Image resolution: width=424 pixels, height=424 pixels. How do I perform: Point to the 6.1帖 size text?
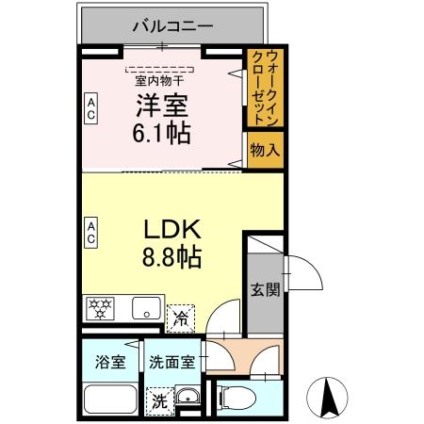coord(162,133)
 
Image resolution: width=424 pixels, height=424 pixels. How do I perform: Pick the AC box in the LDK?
coord(91,231)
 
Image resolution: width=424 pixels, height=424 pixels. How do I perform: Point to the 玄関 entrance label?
coord(265,289)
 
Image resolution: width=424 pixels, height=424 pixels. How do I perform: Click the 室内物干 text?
coord(160,80)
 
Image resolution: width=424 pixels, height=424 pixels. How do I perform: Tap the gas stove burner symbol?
coord(99,306)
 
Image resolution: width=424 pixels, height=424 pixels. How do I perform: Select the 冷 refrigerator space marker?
coord(178,318)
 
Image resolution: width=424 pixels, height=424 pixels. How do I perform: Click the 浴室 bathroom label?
coord(110,362)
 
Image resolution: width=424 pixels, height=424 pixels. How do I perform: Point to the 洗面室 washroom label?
coord(172,362)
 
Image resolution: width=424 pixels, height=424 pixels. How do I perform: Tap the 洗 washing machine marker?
coord(160,400)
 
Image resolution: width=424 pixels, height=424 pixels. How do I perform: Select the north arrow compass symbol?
coord(331,396)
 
